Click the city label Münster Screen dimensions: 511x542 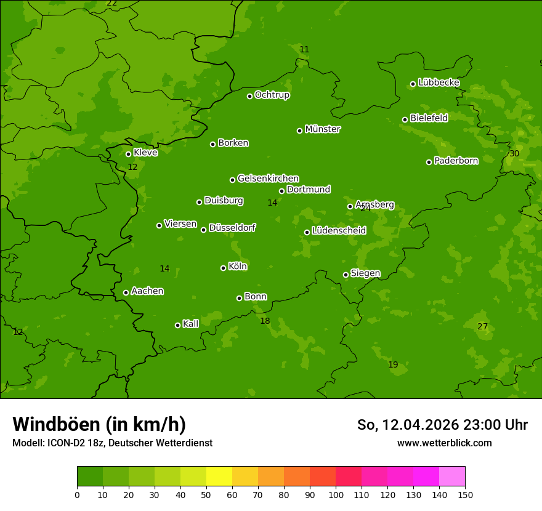[322, 129]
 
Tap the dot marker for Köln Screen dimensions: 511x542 [223, 268]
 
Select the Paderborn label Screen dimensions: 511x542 [456, 161]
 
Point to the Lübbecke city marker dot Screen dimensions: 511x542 [413, 84]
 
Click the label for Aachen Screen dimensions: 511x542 [147, 291]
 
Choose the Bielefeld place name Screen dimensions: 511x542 [429, 118]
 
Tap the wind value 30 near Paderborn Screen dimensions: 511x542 [514, 153]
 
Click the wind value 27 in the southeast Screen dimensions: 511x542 [482, 326]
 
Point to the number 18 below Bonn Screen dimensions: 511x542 [265, 321]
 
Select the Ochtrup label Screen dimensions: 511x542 [272, 95]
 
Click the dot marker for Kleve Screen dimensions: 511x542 [128, 154]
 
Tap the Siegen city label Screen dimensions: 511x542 [365, 273]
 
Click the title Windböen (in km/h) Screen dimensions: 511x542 [99, 424]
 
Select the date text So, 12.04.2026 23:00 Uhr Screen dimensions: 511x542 [442, 425]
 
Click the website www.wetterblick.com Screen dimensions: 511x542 [444, 443]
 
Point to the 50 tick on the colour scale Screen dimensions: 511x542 [206, 494]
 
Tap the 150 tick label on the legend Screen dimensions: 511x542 [464, 494]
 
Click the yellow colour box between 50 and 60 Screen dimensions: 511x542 [219, 477]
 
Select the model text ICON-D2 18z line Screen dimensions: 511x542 [112, 443]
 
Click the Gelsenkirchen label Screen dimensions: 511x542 [268, 179]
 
